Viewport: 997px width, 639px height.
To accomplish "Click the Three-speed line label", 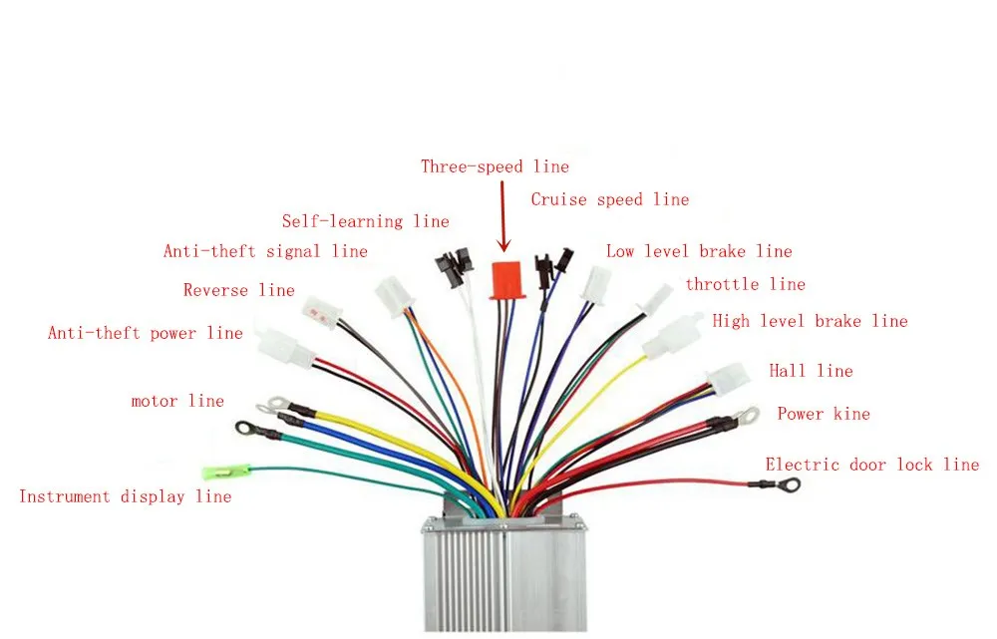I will coord(495,167).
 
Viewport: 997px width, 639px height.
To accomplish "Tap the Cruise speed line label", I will coord(609,200).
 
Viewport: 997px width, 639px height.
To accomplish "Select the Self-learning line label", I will coord(365,221).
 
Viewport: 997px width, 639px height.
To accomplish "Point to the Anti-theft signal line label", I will coord(265,252).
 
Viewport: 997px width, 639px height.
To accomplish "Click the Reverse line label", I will coord(239,291).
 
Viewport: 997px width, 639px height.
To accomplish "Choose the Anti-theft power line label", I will coord(146,333).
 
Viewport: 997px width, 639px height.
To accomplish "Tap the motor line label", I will coord(177,402).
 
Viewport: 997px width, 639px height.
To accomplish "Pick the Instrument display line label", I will coord(126,496).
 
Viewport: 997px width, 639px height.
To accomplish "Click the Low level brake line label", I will coord(699,252).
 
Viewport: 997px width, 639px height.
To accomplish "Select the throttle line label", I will coord(745,285).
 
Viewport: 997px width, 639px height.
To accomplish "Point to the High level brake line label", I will coord(810,321).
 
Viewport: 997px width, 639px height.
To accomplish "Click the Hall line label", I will coord(811,371).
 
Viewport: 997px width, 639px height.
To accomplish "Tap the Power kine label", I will coord(824,414).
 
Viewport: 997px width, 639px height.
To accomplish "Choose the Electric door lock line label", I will coord(872,465).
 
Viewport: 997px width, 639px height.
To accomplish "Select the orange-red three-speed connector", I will coord(507,280).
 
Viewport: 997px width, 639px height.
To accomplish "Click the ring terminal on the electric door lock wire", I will coord(789,485).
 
